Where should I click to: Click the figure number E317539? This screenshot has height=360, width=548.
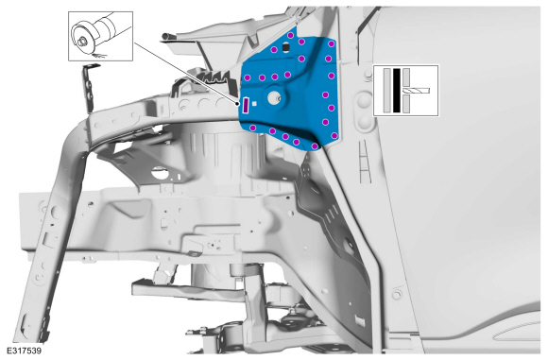(25, 351)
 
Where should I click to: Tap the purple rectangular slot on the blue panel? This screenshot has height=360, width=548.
(246, 106)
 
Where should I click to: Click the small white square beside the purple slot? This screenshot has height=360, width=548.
(254, 103)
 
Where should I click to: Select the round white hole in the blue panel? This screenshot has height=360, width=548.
(273, 98)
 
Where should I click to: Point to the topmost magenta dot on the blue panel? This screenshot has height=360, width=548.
(290, 35)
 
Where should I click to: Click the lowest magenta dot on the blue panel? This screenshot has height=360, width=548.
(315, 146)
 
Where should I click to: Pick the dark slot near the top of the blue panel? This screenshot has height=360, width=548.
(285, 47)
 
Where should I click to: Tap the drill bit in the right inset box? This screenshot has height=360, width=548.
(417, 91)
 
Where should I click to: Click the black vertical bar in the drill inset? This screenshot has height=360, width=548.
(396, 91)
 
